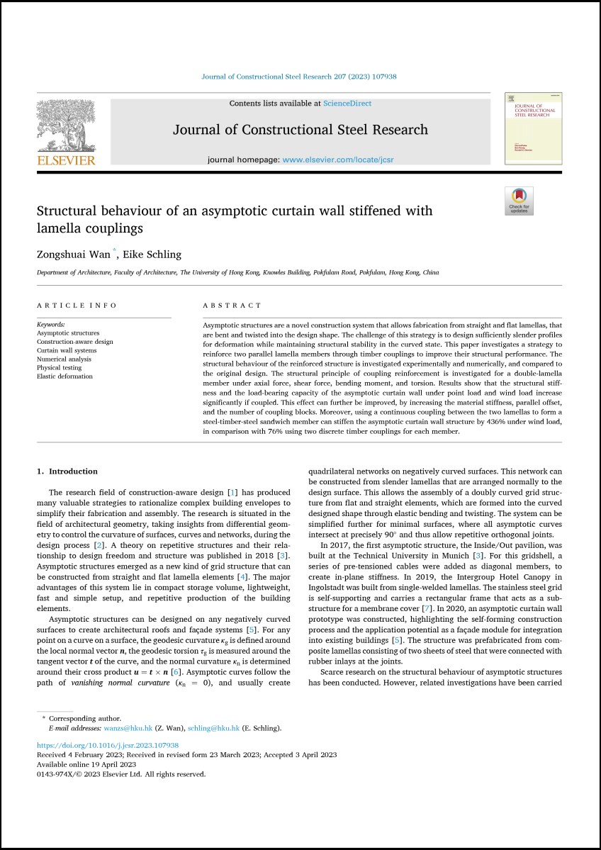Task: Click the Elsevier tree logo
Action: click(x=65, y=126)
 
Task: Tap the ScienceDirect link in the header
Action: click(x=347, y=104)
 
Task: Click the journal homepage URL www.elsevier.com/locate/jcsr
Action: click(x=337, y=160)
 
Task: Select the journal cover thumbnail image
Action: click(x=533, y=128)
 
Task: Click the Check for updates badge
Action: click(x=519, y=201)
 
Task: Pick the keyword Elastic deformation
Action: click(x=64, y=376)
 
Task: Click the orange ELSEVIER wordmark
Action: click(x=65, y=161)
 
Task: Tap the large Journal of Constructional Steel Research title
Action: click(x=300, y=130)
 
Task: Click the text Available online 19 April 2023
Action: click(x=86, y=764)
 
